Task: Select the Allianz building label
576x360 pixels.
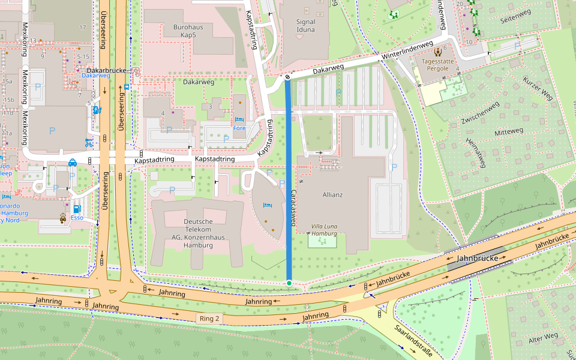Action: click(x=332, y=194)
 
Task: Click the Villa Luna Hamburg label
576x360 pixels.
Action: click(x=323, y=229)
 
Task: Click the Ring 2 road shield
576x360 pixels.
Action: click(x=211, y=318)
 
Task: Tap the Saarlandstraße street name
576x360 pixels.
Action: click(x=414, y=341)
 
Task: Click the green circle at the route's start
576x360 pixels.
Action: click(x=289, y=283)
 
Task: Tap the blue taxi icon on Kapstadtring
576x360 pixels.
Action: click(x=72, y=162)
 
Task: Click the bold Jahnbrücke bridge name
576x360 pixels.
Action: click(x=478, y=258)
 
